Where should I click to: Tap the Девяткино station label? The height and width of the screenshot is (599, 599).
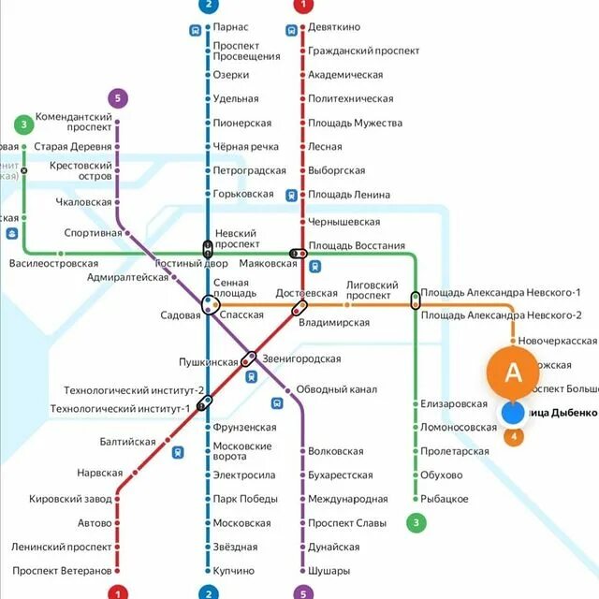click(x=334, y=28)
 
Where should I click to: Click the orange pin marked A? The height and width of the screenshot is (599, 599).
click(x=512, y=373)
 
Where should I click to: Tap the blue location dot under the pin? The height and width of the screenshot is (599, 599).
click(x=512, y=412)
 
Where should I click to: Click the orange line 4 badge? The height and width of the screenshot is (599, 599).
click(x=513, y=436)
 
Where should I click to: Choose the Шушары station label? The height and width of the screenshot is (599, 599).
click(x=329, y=571)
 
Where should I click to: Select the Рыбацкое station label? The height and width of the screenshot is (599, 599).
click(x=445, y=499)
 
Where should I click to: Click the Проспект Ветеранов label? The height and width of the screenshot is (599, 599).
click(x=62, y=571)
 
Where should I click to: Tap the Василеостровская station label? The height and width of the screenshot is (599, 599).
click(x=53, y=264)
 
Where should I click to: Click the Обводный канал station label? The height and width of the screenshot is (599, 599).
click(x=337, y=389)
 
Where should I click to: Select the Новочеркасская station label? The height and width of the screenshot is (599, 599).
click(x=557, y=341)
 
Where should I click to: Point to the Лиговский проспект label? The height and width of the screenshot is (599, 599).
click(x=373, y=288)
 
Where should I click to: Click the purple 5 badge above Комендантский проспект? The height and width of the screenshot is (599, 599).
click(x=117, y=98)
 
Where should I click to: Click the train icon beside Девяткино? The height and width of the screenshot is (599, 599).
click(x=292, y=29)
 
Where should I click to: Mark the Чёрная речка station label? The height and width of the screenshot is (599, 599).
click(x=246, y=147)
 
